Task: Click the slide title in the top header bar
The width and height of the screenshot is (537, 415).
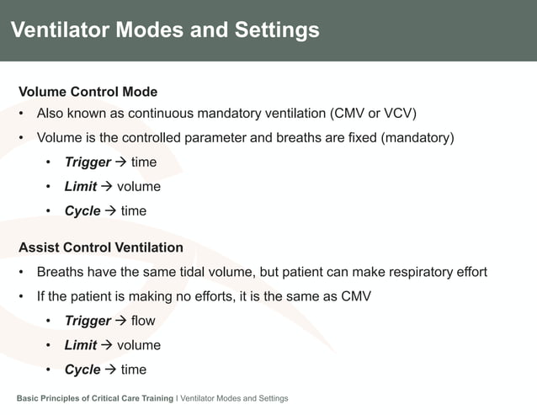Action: click(165, 30)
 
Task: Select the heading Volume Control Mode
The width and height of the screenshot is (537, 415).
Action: click(88, 92)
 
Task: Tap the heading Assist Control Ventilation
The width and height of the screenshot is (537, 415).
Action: click(101, 247)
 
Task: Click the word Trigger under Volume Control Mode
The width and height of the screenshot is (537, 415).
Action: click(88, 162)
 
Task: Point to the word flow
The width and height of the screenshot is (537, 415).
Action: click(143, 321)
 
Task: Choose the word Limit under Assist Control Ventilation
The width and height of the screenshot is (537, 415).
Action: click(81, 345)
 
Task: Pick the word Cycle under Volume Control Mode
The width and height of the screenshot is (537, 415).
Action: click(82, 210)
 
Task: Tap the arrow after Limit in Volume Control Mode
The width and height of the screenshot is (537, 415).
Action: click(107, 186)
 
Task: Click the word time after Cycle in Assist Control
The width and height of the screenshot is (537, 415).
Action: click(133, 370)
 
